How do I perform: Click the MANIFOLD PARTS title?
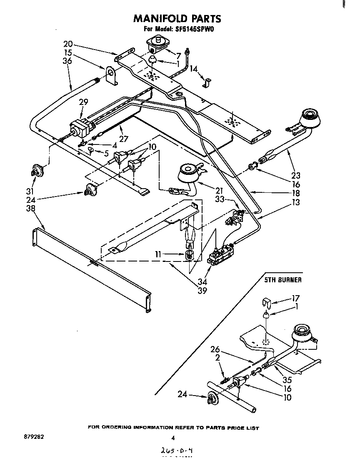(x=177, y=19)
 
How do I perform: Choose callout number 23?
(x=296, y=176)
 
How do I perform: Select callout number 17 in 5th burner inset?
(x=296, y=298)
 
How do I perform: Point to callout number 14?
(x=194, y=69)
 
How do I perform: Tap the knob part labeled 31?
(x=38, y=170)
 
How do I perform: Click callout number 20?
(x=68, y=44)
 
